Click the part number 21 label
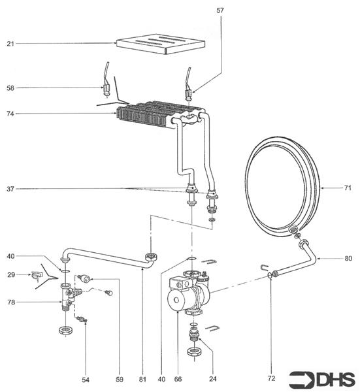(x=10, y=44)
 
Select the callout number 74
(x=10, y=114)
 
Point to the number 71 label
(x=348, y=188)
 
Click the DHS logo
(x=331, y=378)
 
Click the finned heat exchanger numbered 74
(x=147, y=114)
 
